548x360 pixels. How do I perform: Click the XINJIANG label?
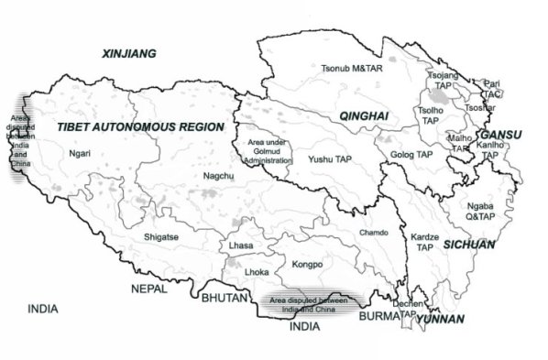point(127,54)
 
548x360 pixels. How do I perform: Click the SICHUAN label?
point(469,245)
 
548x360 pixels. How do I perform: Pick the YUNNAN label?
point(439,320)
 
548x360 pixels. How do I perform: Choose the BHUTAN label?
point(223,299)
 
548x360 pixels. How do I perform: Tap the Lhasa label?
point(240,247)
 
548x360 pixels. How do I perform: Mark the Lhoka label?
point(257,272)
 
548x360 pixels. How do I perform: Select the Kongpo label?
point(308,265)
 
